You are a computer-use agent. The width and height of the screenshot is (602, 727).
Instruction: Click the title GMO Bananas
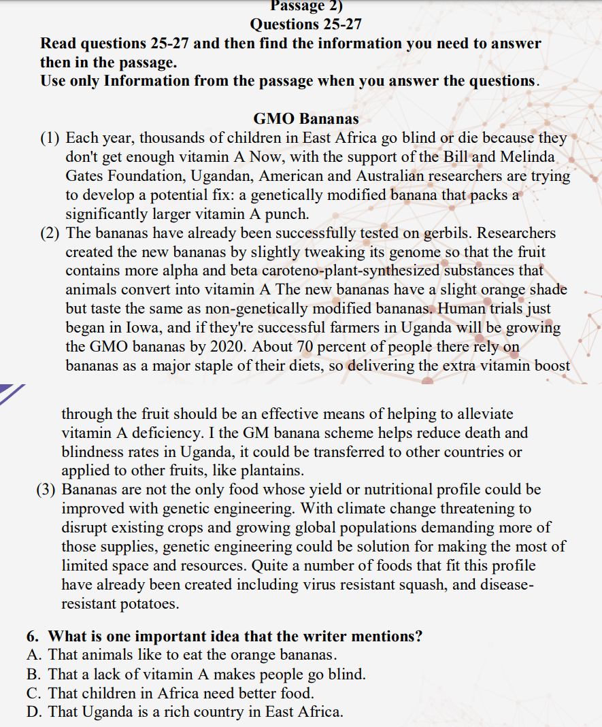[x=306, y=120]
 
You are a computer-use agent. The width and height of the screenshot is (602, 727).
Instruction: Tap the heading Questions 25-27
[x=306, y=24]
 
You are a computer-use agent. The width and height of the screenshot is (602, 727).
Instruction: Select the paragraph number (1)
[x=50, y=139]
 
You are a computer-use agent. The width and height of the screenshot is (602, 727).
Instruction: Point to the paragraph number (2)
[x=50, y=233]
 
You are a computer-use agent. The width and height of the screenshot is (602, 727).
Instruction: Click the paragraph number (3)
[x=47, y=490]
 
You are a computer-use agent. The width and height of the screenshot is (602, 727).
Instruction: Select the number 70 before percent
[x=305, y=347]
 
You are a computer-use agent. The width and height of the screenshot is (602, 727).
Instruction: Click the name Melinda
[x=528, y=157]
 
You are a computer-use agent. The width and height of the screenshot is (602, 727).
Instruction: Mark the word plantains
[x=271, y=471]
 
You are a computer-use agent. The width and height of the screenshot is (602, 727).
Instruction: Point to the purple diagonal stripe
[x=12, y=395]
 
